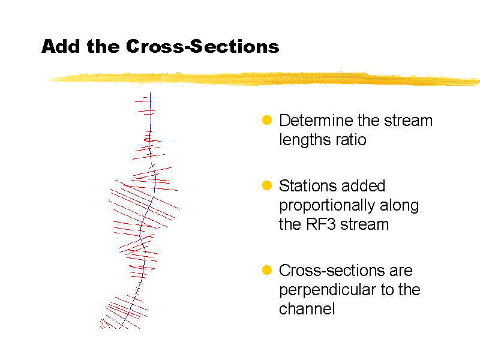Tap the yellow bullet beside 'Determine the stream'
[x=268, y=121]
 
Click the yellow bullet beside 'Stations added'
[x=268, y=185]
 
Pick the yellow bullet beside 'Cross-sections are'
[x=268, y=271]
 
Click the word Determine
[x=316, y=121]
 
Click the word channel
[x=307, y=309]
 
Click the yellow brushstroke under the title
[x=264, y=79]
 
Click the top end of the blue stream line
[x=150, y=93]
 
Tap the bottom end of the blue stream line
[x=120, y=328]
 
